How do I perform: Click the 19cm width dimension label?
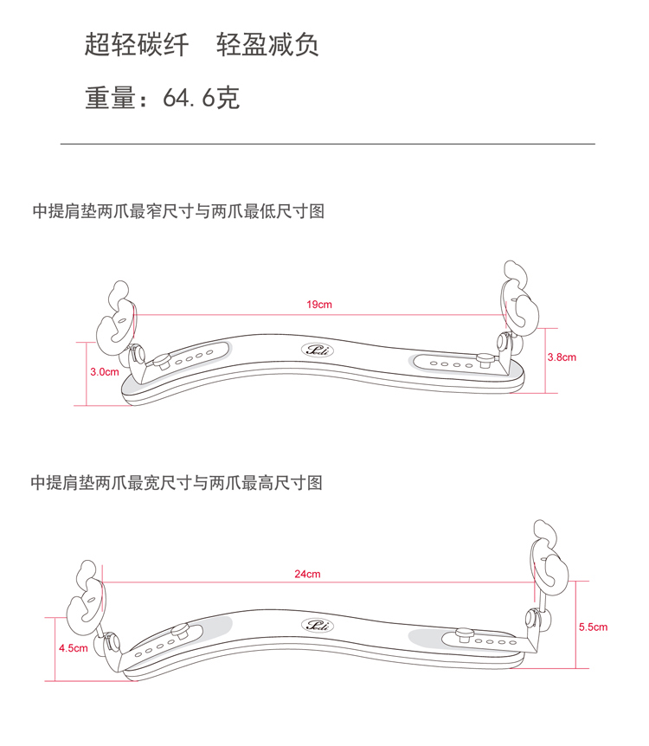point(318,305)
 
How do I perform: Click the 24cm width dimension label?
point(307,575)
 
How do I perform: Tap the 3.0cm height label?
point(104,372)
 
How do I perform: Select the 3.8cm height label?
point(562,357)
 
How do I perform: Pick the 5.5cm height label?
point(593,627)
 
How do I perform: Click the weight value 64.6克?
point(201,99)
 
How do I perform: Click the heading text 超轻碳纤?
point(137,45)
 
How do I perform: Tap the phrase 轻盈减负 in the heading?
point(267,45)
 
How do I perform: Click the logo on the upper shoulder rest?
point(312,350)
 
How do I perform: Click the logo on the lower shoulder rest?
point(312,625)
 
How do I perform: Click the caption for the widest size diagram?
point(177,483)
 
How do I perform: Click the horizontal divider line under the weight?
point(327,143)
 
